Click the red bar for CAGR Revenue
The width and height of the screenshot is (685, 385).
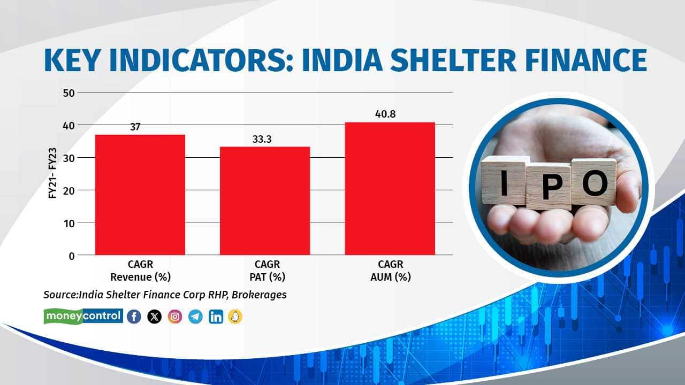click(x=140, y=195)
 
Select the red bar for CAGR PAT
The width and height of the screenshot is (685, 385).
click(x=265, y=201)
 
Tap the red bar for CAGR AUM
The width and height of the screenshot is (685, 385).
click(x=390, y=188)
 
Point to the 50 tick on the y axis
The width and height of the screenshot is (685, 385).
click(x=67, y=93)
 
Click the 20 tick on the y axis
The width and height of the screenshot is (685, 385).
click(x=67, y=190)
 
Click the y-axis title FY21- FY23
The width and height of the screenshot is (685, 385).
click(x=52, y=174)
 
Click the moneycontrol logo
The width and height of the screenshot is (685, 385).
click(x=83, y=316)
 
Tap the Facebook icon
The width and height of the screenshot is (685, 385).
click(x=134, y=317)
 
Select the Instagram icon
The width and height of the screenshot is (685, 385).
click(x=175, y=317)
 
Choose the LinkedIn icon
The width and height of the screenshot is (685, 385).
click(x=216, y=317)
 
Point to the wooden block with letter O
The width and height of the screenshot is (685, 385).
click(x=594, y=182)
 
